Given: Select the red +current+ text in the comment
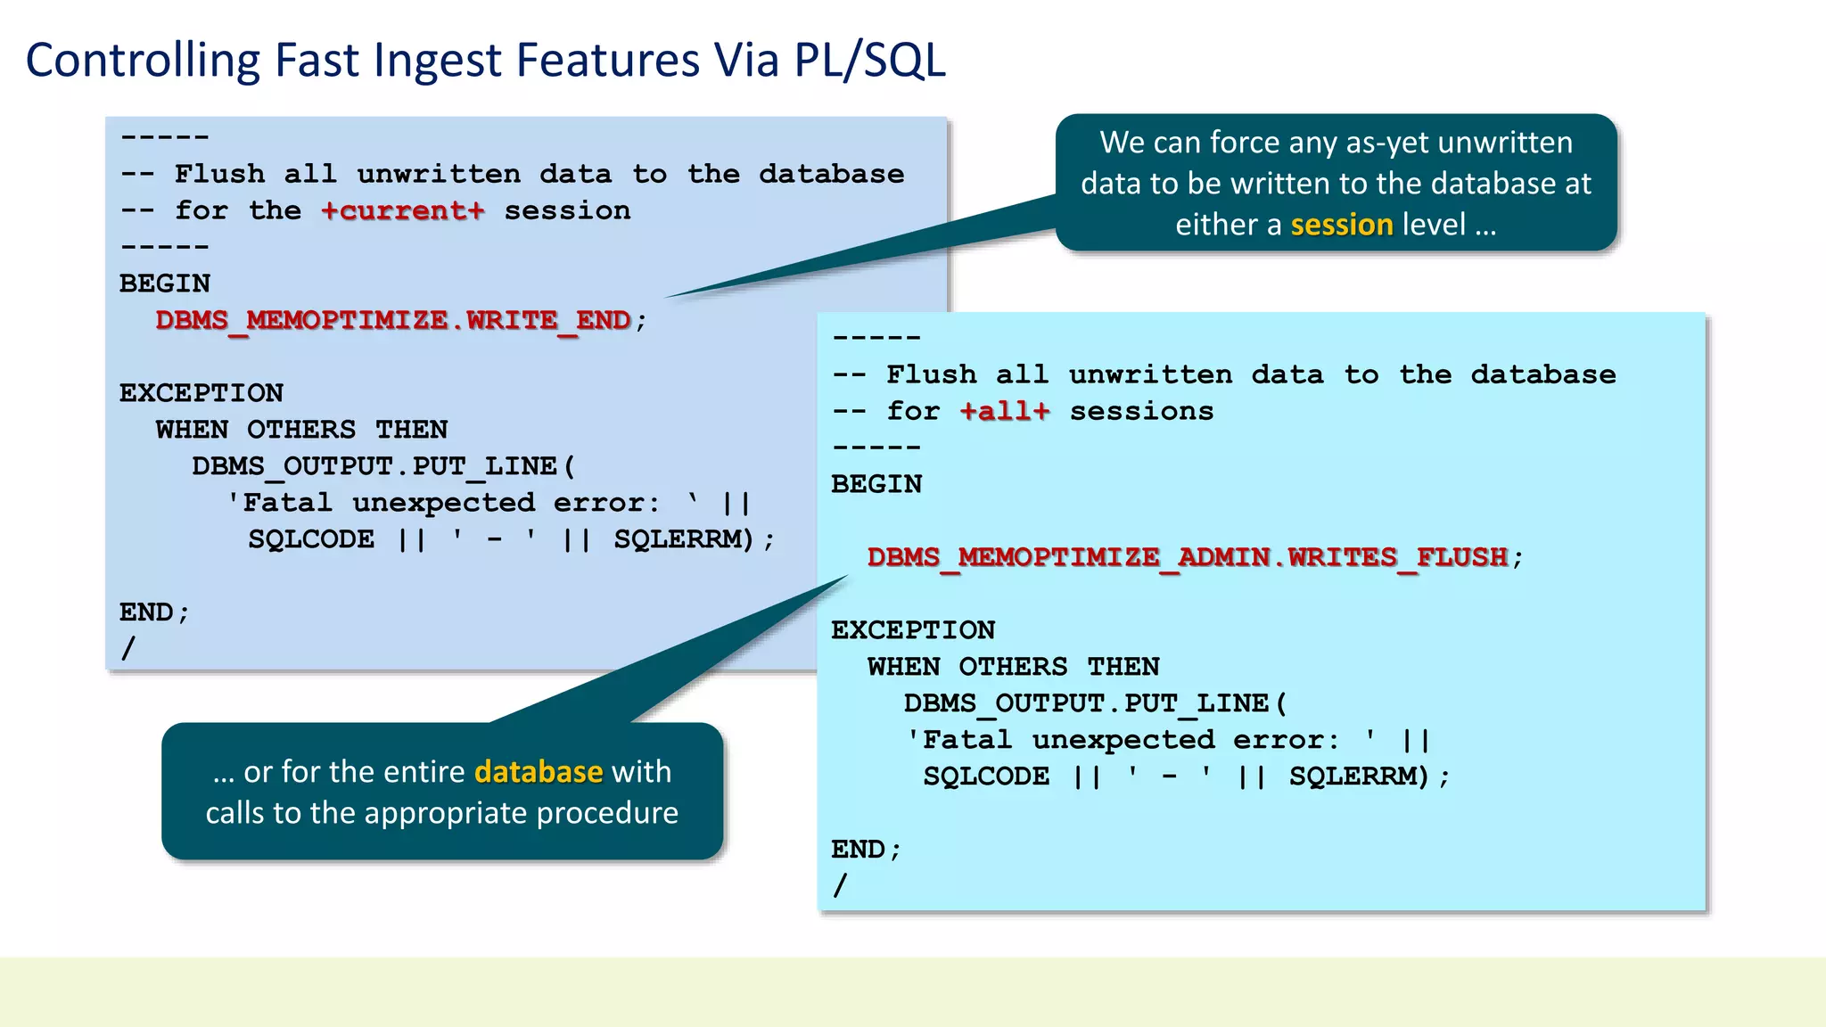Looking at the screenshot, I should click(403, 211).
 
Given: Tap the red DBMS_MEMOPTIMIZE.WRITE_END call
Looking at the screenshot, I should click(393, 320).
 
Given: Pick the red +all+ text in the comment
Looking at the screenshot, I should click(1005, 412).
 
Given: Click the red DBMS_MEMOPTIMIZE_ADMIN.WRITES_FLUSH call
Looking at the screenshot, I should click(1188, 558).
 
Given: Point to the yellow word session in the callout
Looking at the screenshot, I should click(1341, 225).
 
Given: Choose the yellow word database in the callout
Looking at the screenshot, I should click(539, 771).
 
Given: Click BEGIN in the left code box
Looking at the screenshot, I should click(165, 283).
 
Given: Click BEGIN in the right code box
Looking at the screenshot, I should click(876, 484).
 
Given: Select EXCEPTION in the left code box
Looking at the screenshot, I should click(202, 393).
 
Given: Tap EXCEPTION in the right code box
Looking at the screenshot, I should click(913, 630).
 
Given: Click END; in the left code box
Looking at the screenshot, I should click(154, 612).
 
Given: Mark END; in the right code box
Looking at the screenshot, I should click(866, 850).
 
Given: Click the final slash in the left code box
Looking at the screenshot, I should click(128, 648).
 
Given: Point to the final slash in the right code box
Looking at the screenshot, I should click(840, 885).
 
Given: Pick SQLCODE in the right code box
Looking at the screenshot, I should click(985, 776).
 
